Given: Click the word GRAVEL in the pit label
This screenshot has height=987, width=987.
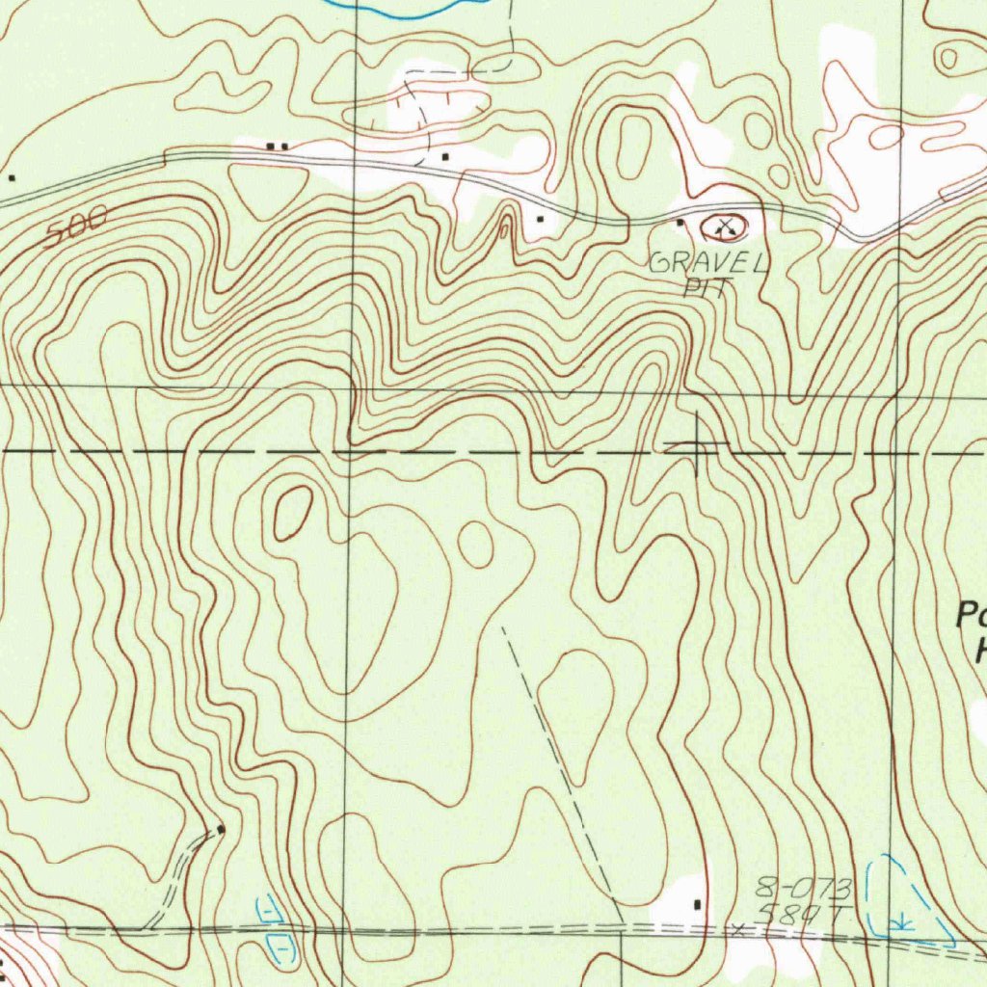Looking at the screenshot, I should [709, 262].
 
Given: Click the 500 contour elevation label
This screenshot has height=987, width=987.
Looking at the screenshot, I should [76, 227].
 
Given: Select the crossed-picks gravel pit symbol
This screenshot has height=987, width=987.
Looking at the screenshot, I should [725, 227].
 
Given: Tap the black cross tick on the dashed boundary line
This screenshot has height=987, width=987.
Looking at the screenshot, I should [696, 445].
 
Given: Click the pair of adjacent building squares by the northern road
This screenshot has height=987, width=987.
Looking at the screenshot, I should [277, 146].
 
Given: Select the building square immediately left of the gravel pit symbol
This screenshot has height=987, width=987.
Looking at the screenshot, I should [680, 223].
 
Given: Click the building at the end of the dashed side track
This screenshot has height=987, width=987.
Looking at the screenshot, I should [221, 829].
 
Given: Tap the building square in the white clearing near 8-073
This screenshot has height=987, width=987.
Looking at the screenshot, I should [697, 903].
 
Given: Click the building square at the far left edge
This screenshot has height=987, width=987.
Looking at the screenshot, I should [12, 177].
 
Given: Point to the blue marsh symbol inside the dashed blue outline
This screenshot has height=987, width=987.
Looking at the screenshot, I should [902, 921].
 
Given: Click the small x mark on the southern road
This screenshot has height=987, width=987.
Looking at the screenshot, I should [738, 929].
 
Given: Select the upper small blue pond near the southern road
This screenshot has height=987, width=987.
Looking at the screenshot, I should [270, 908].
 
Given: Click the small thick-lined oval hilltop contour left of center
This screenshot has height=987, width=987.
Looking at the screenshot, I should [293, 512].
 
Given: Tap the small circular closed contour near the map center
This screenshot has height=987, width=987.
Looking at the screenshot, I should [475, 545].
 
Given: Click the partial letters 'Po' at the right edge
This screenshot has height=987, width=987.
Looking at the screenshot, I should [971, 615].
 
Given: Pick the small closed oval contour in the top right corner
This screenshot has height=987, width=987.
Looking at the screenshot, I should [949, 58].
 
